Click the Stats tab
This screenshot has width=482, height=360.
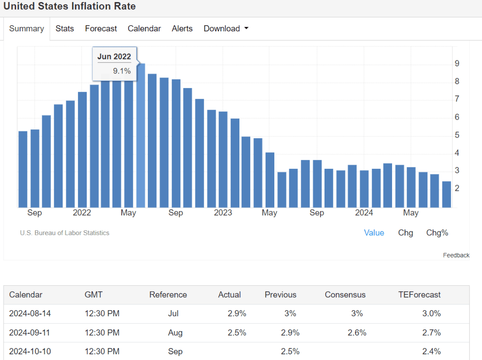click(65, 29)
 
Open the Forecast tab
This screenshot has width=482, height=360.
click(101, 29)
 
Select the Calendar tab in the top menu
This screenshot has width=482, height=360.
click(144, 29)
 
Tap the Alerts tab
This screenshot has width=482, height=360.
click(182, 29)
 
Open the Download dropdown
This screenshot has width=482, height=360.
click(226, 29)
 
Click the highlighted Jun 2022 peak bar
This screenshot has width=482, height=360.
click(141, 137)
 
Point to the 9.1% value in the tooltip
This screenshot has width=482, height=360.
click(121, 71)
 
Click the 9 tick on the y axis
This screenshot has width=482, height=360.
click(457, 63)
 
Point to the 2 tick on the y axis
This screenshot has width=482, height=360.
click(457, 188)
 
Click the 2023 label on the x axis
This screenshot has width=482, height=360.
click(223, 213)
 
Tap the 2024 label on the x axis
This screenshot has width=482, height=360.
click(364, 213)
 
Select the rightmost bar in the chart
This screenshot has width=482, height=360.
click(447, 194)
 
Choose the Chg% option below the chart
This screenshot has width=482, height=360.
click(437, 233)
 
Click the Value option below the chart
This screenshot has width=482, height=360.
click(374, 233)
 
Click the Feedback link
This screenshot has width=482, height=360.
click(456, 255)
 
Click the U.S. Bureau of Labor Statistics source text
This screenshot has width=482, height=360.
click(65, 233)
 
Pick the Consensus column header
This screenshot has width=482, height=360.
click(345, 295)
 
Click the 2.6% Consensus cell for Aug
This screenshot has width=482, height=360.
click(357, 332)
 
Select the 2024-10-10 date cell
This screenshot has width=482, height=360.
click(30, 351)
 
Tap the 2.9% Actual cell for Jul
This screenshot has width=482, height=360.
click(237, 313)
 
